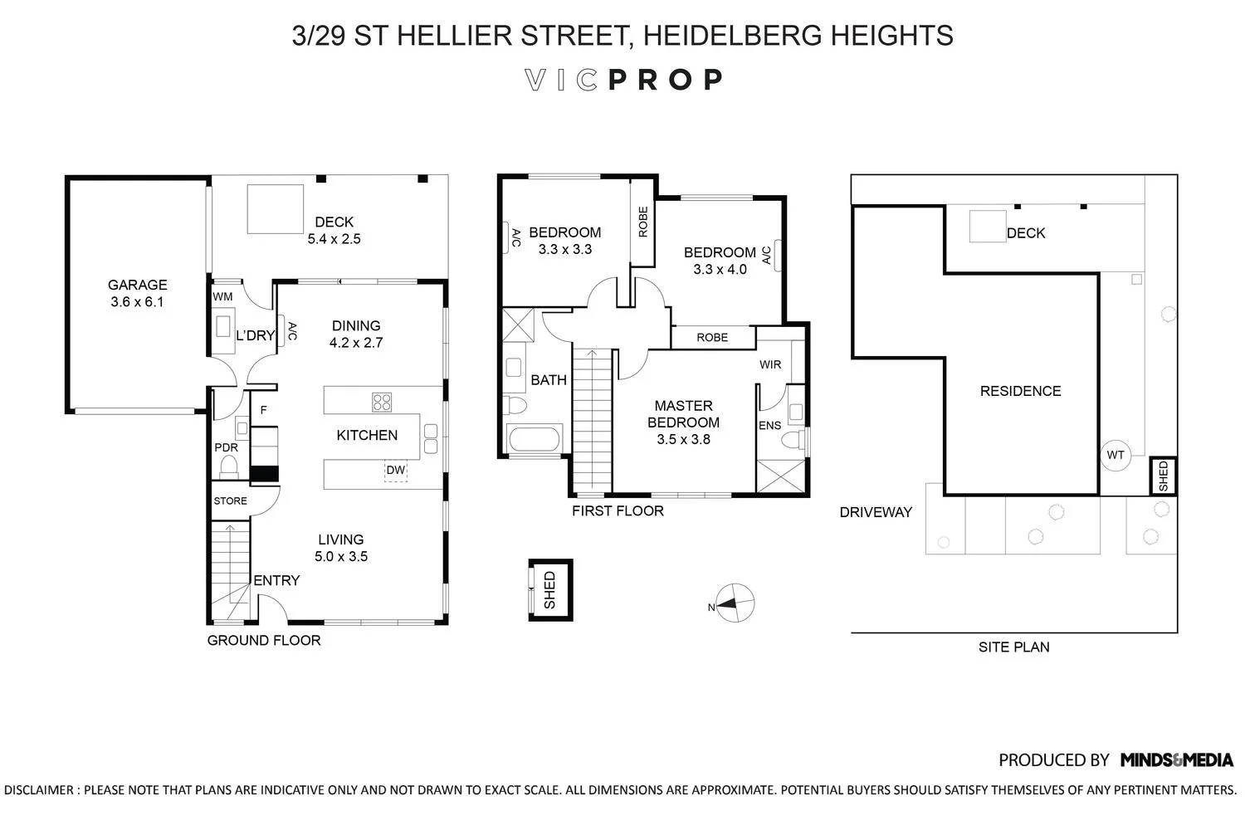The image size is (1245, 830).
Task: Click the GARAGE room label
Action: (137, 285)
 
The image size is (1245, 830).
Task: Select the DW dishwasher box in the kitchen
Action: (396, 471)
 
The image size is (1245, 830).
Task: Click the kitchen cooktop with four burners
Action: (382, 402)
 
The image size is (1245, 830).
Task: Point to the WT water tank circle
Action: (1116, 455)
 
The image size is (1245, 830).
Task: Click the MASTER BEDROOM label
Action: (683, 414)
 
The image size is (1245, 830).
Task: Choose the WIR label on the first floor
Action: (769, 364)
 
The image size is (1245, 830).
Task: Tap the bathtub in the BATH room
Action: (535, 439)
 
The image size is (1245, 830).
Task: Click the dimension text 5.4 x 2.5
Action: (334, 239)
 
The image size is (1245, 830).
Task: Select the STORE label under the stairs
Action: (230, 501)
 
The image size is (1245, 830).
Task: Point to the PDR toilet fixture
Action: (227, 467)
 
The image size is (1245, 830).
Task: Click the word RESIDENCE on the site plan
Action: (1020, 391)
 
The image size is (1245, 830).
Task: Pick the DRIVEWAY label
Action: (876, 512)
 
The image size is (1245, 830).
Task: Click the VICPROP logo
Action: (623, 80)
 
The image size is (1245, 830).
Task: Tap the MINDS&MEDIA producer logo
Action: (1176, 759)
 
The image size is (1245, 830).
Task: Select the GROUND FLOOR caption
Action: (263, 640)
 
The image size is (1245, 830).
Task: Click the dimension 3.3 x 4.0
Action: (720, 269)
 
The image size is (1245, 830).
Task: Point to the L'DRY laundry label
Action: (255, 335)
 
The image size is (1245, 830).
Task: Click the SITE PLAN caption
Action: (1013, 647)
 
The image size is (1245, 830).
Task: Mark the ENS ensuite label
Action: (769, 426)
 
